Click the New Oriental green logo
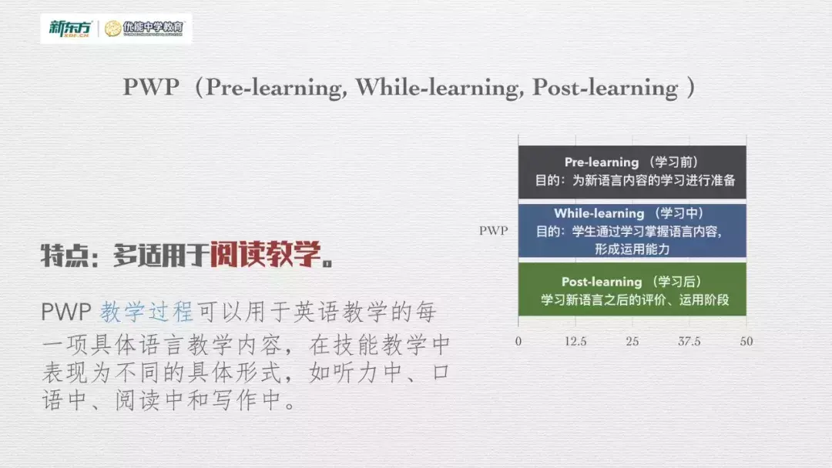(x=69, y=28)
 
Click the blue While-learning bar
(x=632, y=230)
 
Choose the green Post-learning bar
(x=632, y=289)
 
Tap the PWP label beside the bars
(x=493, y=230)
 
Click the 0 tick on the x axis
(x=518, y=341)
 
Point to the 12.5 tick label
(x=575, y=341)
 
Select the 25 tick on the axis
(x=632, y=341)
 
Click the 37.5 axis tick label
(x=689, y=341)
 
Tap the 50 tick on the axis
(x=746, y=341)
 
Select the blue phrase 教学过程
(x=146, y=312)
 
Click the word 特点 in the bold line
(x=62, y=256)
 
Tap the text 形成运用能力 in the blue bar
(x=632, y=249)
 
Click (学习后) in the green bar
(x=676, y=282)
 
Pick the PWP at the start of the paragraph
(x=66, y=313)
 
